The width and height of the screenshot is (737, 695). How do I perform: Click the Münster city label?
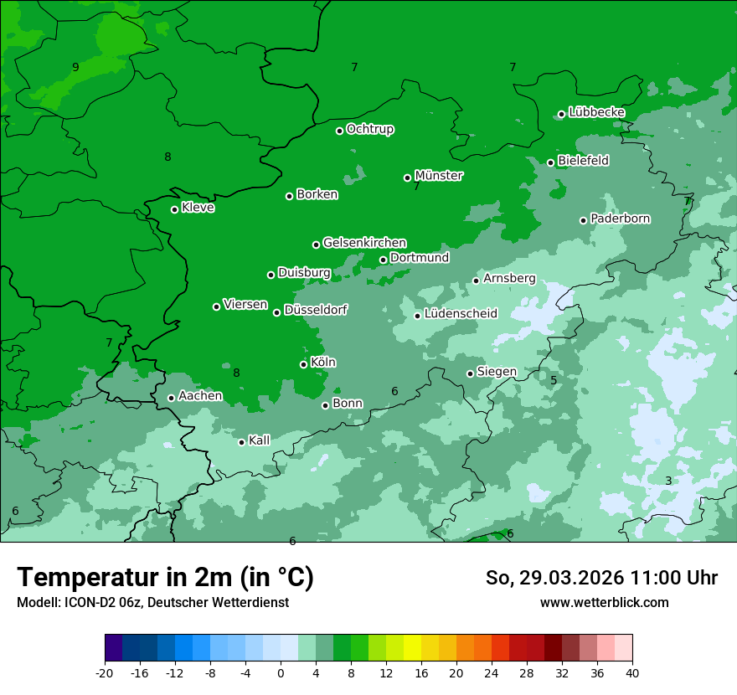(438, 176)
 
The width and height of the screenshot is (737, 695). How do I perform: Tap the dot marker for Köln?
(303, 364)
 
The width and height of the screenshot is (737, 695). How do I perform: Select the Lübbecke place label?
(596, 112)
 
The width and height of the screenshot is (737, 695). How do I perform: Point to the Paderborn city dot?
(583, 220)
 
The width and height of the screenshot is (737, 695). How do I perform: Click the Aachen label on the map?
(200, 396)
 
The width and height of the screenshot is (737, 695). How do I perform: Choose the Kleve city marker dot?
(174, 209)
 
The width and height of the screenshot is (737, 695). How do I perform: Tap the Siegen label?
(497, 372)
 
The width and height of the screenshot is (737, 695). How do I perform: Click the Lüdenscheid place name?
(461, 314)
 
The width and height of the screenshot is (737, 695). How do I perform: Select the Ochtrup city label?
(369, 129)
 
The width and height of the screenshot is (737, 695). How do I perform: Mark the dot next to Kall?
(241, 442)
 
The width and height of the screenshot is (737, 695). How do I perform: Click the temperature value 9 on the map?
(75, 67)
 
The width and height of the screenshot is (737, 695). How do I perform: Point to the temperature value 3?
(667, 481)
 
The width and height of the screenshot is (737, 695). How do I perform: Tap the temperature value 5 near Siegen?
(554, 381)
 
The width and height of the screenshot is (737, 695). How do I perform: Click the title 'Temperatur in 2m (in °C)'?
(165, 578)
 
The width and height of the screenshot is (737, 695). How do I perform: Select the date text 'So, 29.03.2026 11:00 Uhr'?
(601, 578)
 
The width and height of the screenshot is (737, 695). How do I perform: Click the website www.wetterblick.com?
(604, 603)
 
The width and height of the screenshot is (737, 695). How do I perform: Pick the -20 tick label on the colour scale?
(105, 673)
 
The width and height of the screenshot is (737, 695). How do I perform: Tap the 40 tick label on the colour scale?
(632, 673)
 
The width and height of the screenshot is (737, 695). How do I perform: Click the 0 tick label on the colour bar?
(281, 673)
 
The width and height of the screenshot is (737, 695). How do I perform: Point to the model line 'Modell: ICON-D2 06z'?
(152, 603)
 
